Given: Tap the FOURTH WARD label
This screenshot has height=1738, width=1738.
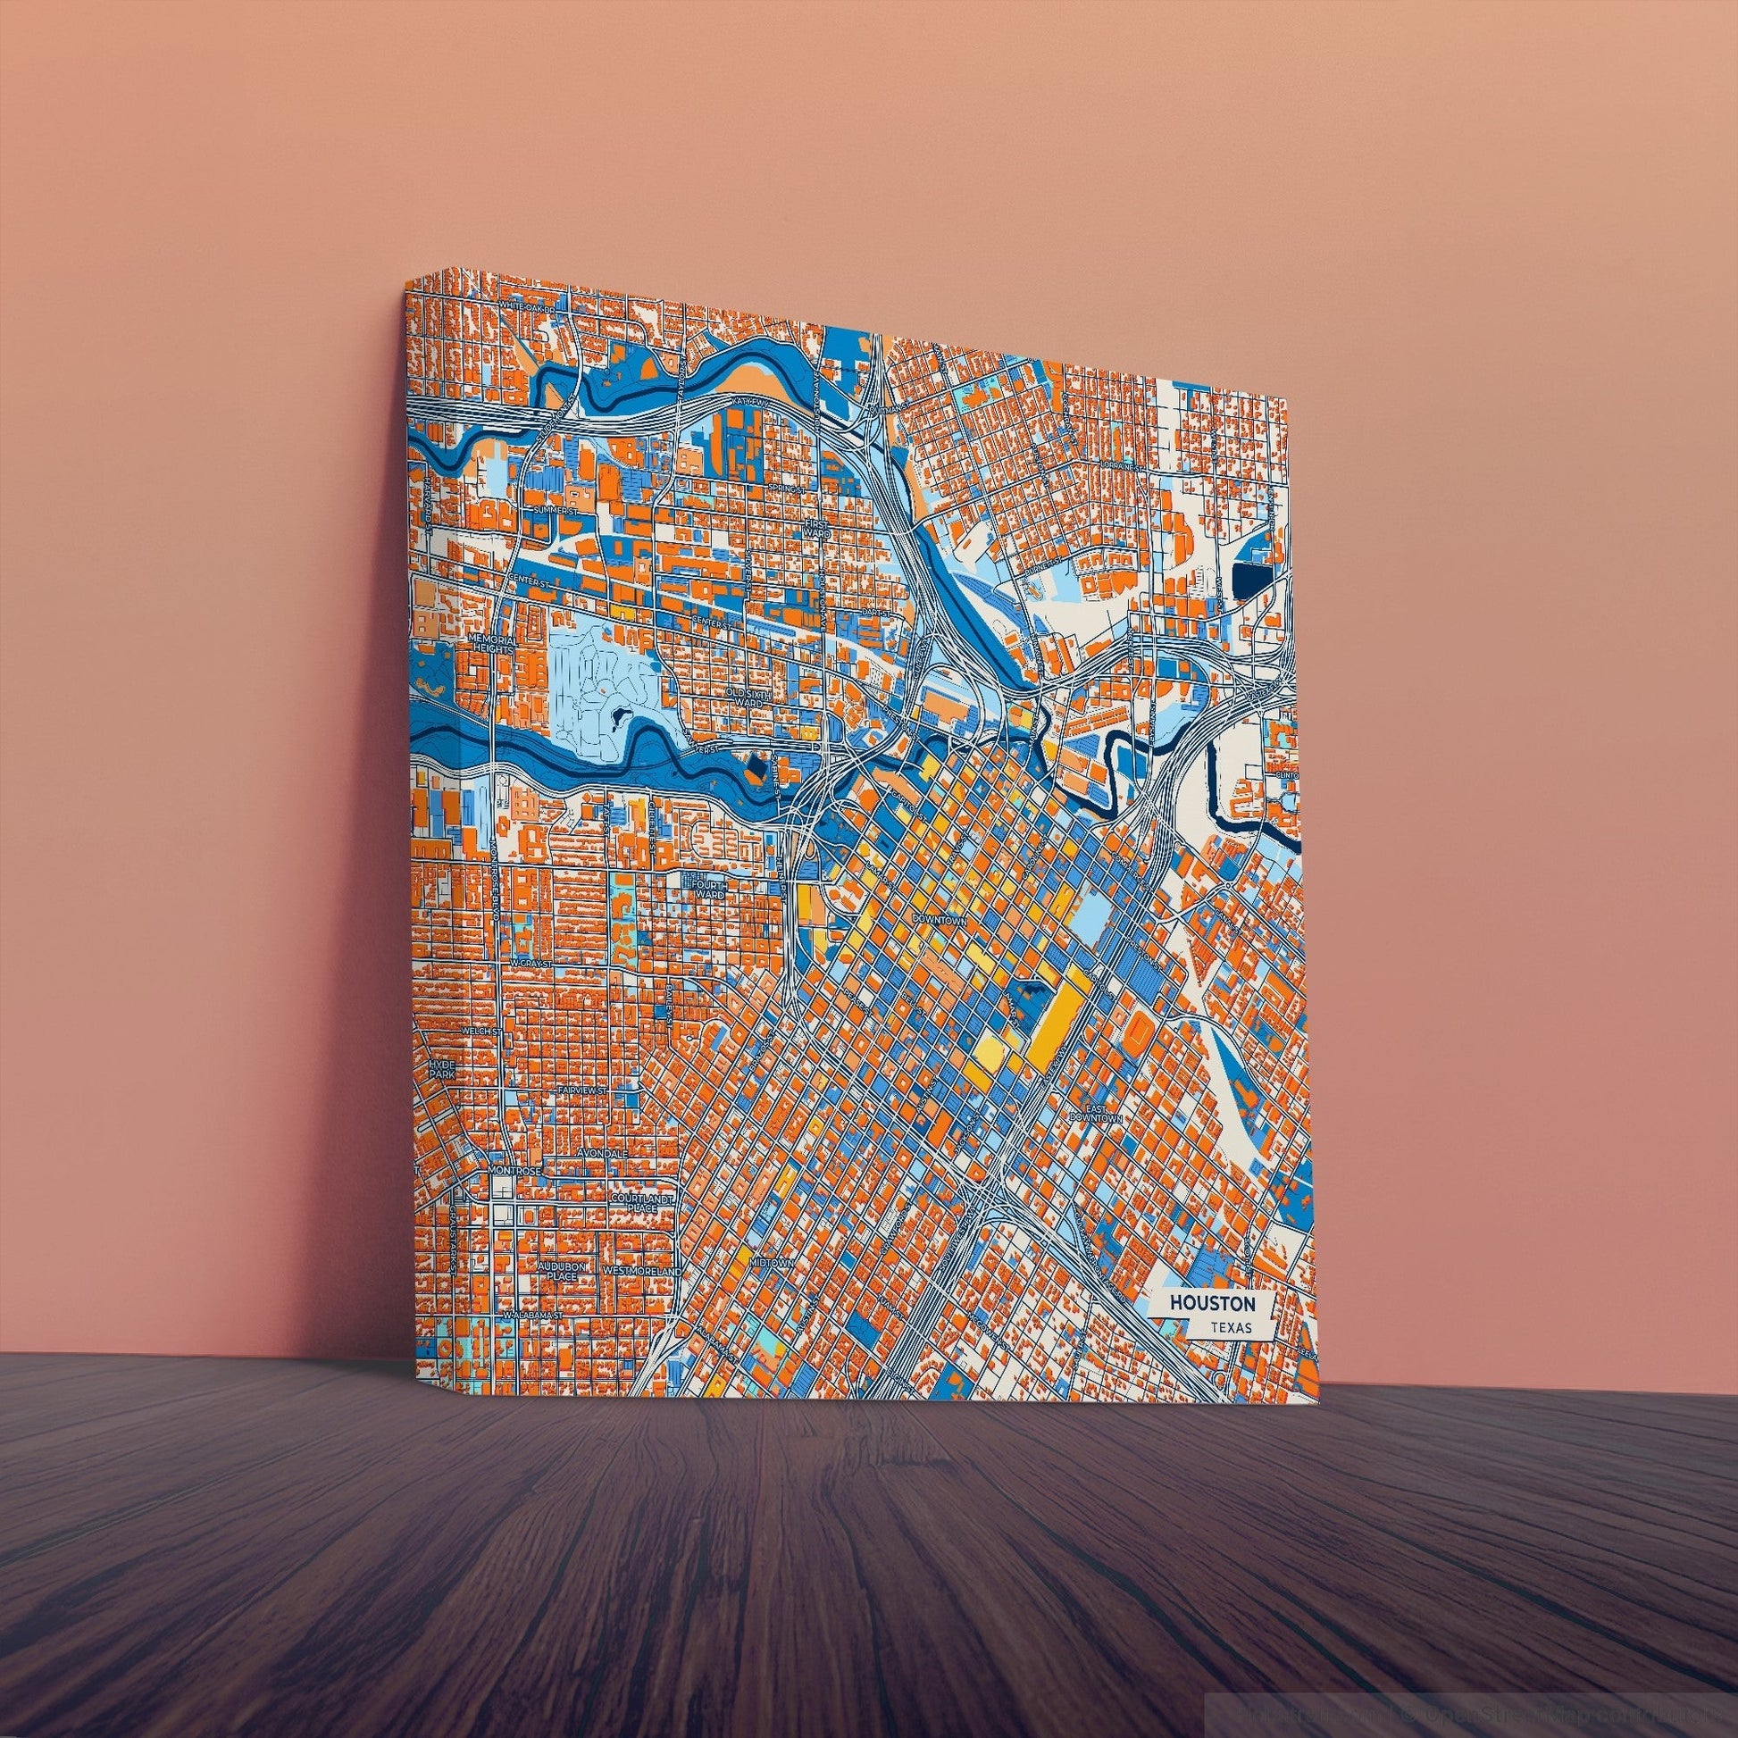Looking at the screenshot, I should coord(709,890).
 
